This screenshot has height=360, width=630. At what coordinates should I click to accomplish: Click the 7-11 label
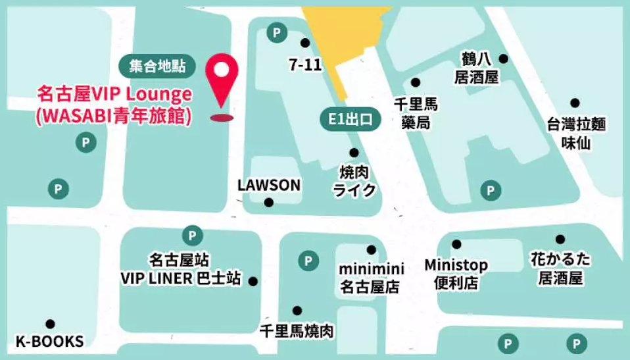(304, 64)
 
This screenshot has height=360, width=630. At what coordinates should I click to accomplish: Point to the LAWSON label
(268, 186)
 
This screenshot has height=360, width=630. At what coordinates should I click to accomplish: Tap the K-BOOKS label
(50, 342)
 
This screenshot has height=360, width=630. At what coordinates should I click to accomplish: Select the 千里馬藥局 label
(415, 113)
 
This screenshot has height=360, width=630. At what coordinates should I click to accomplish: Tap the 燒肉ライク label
(354, 181)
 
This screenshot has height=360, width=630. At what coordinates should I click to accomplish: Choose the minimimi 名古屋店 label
(370, 278)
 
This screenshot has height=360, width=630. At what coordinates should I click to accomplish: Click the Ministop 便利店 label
(456, 274)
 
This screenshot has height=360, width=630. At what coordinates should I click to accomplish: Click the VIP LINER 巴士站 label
(180, 269)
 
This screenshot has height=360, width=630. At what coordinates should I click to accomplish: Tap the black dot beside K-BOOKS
(50, 324)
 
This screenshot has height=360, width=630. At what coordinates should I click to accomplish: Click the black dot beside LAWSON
(268, 203)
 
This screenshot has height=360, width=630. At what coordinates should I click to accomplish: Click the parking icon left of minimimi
(308, 261)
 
